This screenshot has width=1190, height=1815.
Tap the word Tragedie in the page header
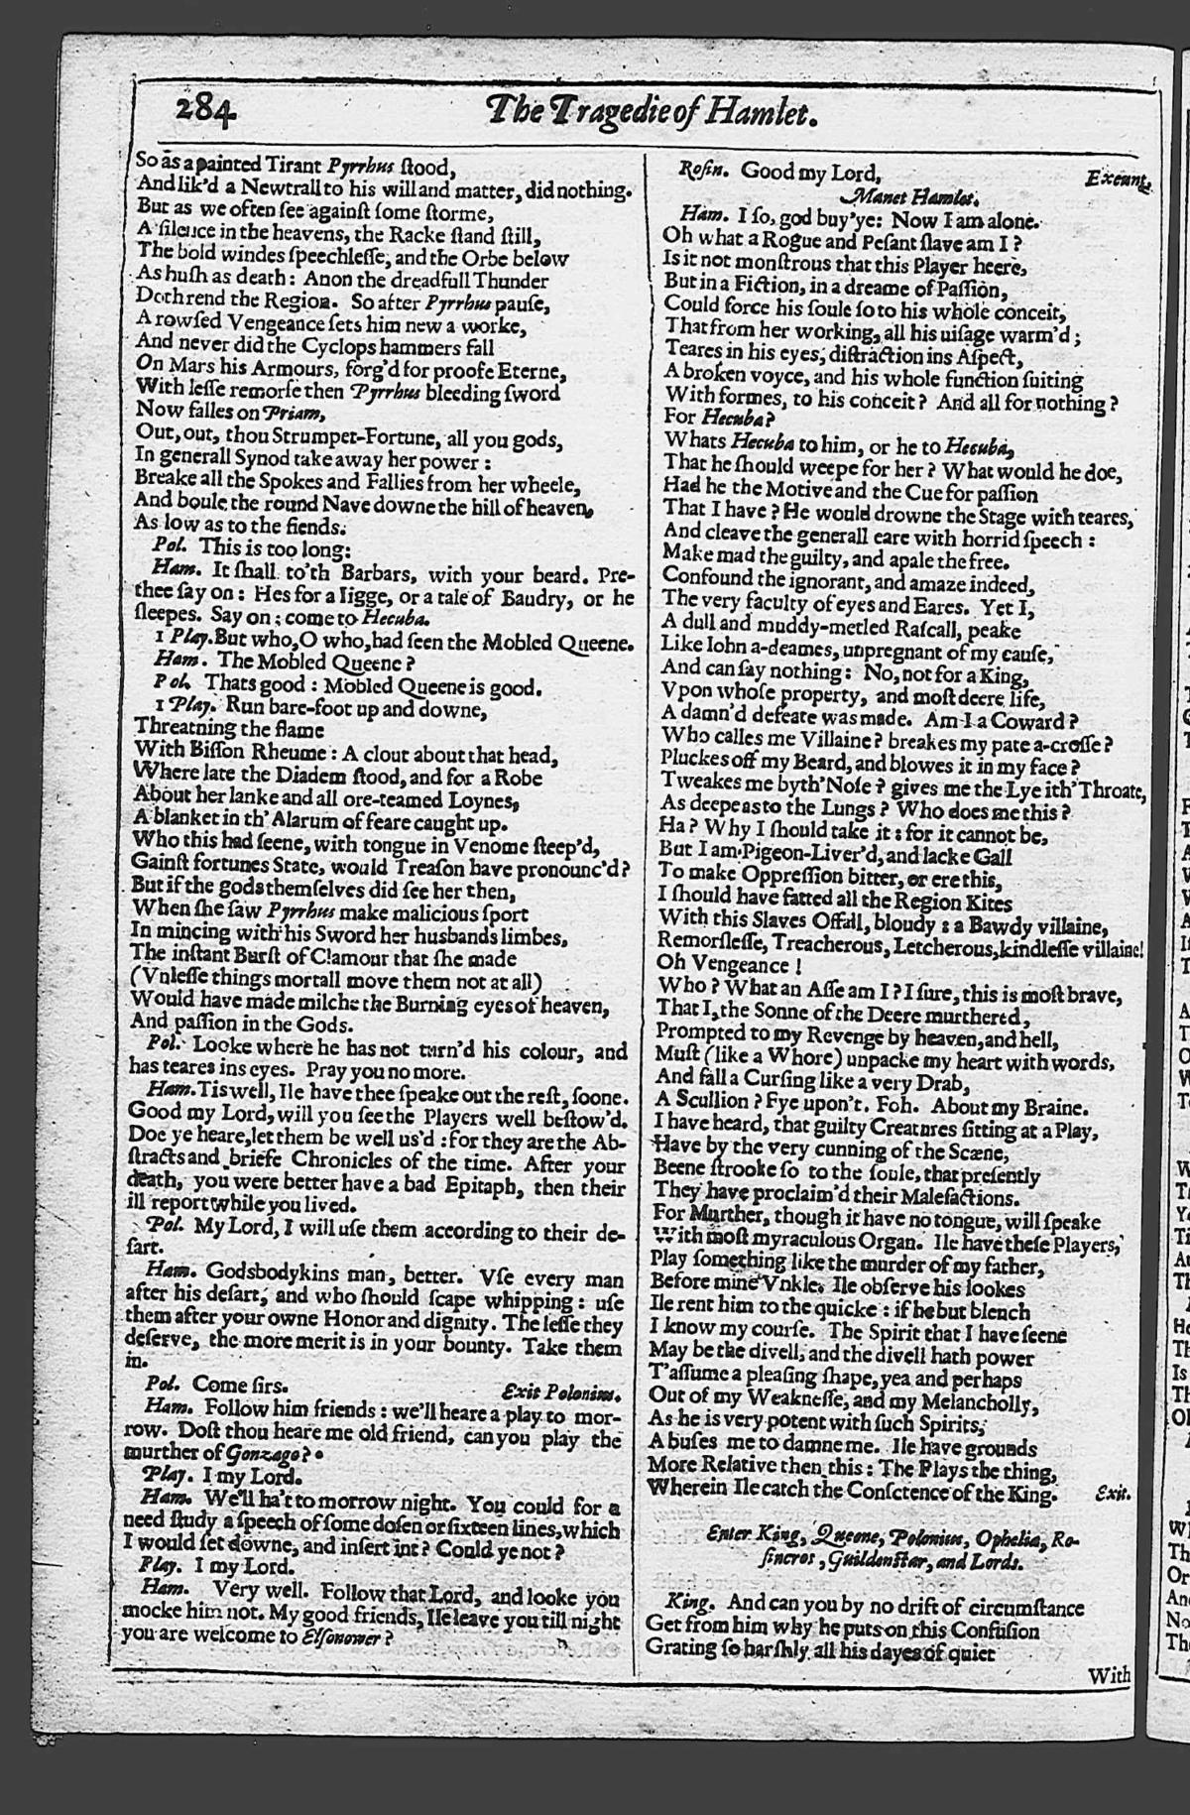(x=611, y=114)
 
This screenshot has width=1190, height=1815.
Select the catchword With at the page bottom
(x=1109, y=1675)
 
